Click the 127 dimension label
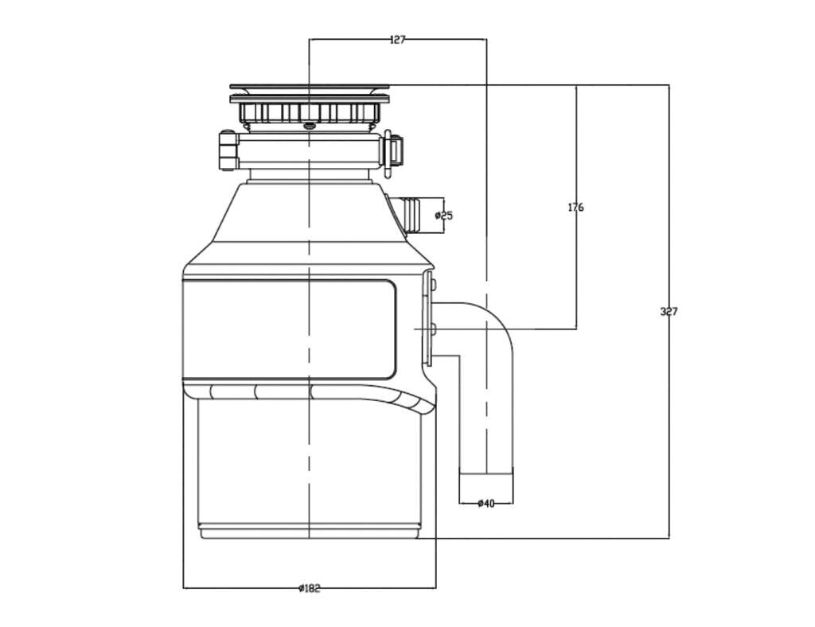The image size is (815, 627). (x=397, y=39)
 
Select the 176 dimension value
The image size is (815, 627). (x=575, y=208)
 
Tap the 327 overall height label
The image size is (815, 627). (x=669, y=311)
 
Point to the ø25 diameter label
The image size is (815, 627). (x=444, y=215)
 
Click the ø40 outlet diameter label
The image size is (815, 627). (x=485, y=503)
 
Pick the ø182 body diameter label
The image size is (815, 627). (x=309, y=588)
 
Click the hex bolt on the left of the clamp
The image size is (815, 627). (x=228, y=151)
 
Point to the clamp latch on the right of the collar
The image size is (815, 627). (x=392, y=150)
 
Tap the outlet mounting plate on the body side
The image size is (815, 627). (x=429, y=318)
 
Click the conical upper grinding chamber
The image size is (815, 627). (x=310, y=223)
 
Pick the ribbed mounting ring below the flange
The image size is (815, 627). (x=310, y=113)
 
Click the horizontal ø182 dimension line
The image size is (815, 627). (x=239, y=588)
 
